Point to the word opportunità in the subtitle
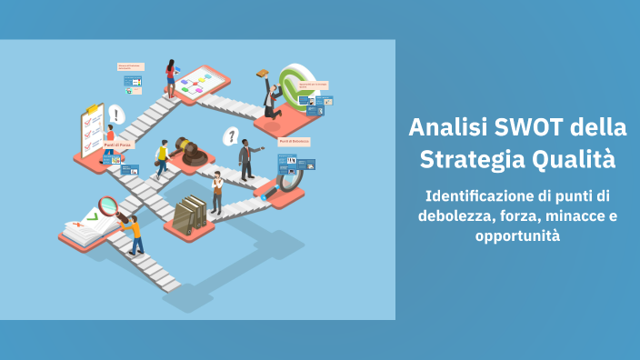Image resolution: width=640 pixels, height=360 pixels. [517, 236]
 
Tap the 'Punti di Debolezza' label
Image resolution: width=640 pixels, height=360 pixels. [294, 142]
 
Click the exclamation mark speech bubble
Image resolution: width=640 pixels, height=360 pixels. [115, 115]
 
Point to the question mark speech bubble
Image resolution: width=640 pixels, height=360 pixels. [232, 136]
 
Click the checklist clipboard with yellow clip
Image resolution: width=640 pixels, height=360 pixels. [92, 131]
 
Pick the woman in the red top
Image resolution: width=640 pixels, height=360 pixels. [170, 77]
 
